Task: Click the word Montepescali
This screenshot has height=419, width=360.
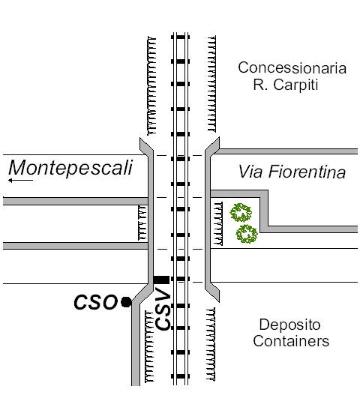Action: (70, 168)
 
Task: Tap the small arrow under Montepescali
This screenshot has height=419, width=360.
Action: (20, 181)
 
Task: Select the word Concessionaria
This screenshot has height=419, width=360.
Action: (292, 68)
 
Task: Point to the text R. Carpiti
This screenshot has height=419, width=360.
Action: (286, 85)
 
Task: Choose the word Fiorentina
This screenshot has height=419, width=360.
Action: (307, 172)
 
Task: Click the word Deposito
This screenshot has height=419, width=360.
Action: (290, 325)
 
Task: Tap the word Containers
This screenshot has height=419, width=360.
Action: (291, 341)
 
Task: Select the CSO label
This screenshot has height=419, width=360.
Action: (95, 302)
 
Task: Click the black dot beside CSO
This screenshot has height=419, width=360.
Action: (126, 302)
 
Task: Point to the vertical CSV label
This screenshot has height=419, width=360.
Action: (163, 309)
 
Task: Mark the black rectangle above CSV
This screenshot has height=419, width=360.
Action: (161, 280)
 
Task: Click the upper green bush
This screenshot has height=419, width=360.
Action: (241, 212)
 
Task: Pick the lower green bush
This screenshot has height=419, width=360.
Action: (247, 234)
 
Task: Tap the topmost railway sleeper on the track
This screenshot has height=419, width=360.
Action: (181, 37)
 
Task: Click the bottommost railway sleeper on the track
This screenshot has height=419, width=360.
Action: (181, 376)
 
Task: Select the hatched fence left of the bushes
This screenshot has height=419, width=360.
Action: (218, 223)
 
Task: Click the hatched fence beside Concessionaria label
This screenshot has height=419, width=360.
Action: (211, 84)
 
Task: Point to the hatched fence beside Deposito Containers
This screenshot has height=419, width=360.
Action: (211, 344)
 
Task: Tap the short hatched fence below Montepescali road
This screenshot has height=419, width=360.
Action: (142, 223)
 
